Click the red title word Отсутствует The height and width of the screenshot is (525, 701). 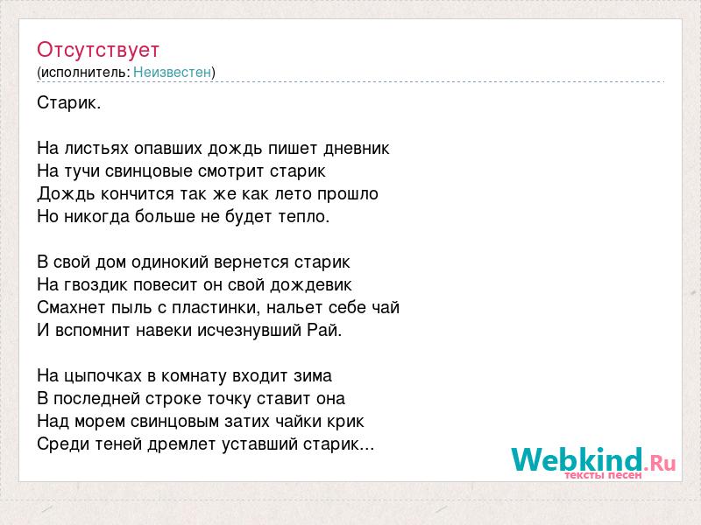click(x=98, y=50)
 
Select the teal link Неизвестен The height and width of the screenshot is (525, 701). click(x=172, y=72)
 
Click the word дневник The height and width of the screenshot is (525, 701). click(x=357, y=148)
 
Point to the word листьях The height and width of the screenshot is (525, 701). click(x=96, y=148)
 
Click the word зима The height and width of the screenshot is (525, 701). click(x=313, y=376)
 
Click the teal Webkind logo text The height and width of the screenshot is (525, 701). click(x=577, y=460)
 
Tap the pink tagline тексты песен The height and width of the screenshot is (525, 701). click(x=603, y=475)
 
